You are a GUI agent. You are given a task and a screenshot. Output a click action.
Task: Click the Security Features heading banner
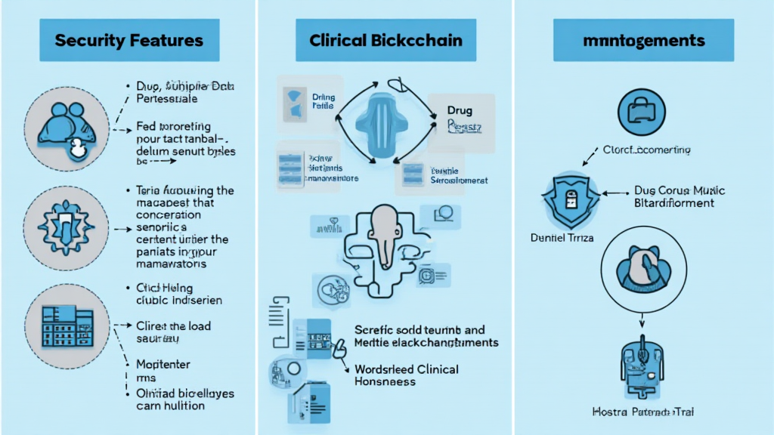point(129,39)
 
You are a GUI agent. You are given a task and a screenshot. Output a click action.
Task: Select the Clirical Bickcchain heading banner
point(386,39)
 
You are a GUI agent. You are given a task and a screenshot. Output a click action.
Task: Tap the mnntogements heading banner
point(644,39)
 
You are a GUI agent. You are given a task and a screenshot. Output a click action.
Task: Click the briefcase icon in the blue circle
point(642,112)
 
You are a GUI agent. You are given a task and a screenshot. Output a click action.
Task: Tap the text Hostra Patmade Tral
point(643,412)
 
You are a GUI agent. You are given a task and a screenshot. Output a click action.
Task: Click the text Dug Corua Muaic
point(673,192)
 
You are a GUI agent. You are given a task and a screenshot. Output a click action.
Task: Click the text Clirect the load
point(173,326)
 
